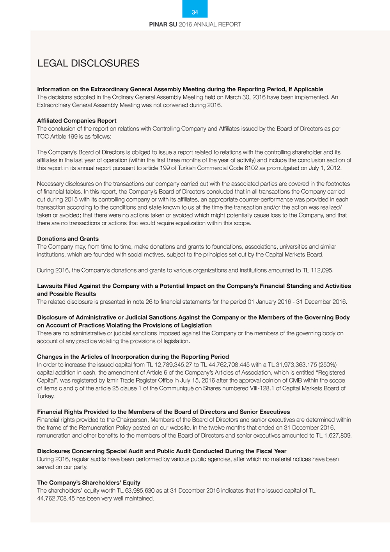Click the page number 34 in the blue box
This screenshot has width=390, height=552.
tap(195, 12)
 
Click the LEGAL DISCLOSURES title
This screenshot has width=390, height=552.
tap(88, 63)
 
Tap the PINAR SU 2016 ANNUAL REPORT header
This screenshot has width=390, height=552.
tap(195, 24)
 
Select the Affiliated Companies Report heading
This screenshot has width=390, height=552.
tap(76, 121)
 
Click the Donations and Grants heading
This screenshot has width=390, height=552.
tap(67, 239)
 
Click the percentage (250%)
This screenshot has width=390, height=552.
tap(328, 365)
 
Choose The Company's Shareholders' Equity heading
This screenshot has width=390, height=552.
tap(89, 483)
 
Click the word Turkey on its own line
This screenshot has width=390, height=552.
tap(45, 396)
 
